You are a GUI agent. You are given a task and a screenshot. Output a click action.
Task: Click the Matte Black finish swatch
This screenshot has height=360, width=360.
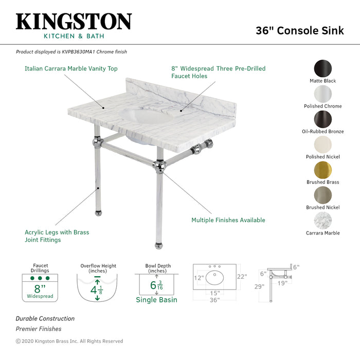pos(322,69)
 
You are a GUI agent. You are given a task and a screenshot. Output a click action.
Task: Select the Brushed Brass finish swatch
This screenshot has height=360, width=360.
pos(322,170)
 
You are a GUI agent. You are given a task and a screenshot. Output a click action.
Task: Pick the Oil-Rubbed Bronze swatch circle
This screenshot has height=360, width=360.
pos(322,120)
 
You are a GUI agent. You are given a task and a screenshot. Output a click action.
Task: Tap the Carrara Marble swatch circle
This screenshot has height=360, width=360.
pos(322,221)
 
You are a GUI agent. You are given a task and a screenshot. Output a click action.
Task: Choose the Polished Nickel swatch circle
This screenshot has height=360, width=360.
pos(322,145)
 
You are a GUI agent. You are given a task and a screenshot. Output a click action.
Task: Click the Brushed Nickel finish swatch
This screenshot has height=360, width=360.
pos(322,195)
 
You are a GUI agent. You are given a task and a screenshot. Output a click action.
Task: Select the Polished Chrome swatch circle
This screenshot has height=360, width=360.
pos(322,95)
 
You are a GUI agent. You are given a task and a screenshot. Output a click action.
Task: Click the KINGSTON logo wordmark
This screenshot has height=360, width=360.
pos(74,22)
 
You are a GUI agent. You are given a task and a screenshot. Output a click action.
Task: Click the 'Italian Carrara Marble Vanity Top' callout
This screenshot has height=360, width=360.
pos(71,68)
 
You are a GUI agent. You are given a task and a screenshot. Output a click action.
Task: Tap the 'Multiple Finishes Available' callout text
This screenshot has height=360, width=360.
pos(228,220)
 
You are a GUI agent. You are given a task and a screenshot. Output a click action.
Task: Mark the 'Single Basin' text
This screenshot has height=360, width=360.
pos(156,300)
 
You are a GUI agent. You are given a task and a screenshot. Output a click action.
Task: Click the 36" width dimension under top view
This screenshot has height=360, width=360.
pos(214,300)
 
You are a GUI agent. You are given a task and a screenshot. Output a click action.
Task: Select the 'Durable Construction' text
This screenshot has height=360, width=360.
pos(45,319)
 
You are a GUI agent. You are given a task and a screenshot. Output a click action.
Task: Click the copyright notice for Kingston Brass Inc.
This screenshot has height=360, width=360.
pos(69,341)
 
